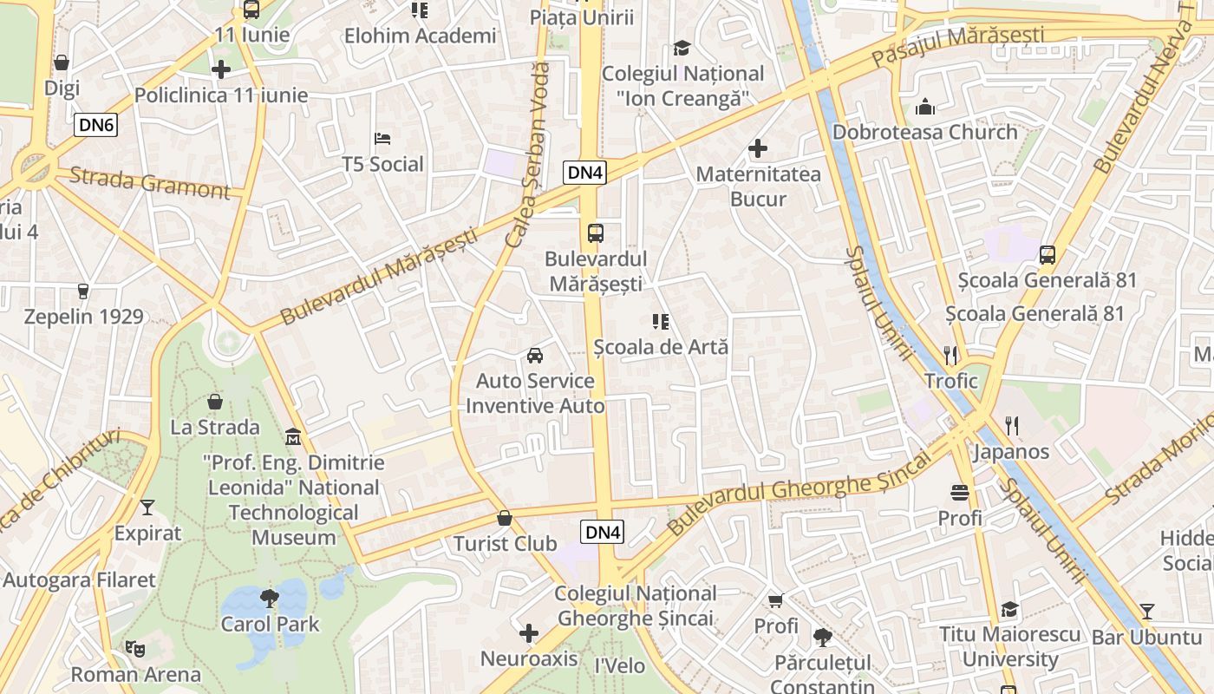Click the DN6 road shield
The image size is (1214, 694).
[x=95, y=125]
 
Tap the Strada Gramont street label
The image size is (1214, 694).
[x=149, y=182]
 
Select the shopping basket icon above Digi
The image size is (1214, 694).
[x=62, y=62]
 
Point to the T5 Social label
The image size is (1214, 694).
[x=382, y=164]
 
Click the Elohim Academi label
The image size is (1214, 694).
[x=421, y=36]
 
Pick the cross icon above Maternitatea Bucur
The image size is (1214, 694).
[x=758, y=148]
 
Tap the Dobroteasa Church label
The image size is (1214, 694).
[x=925, y=132]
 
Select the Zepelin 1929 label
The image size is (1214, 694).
[x=83, y=316]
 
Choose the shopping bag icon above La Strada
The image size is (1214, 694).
[x=215, y=402]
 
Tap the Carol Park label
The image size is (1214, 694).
[x=270, y=624]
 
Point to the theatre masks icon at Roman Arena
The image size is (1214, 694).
[x=134, y=648]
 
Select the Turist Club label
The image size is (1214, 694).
[x=505, y=544]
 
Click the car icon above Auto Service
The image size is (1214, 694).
[x=535, y=356]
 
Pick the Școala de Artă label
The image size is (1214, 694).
[x=661, y=346]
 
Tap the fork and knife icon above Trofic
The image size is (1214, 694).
[x=950, y=355]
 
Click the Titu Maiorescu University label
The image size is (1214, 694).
[x=1010, y=646]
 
